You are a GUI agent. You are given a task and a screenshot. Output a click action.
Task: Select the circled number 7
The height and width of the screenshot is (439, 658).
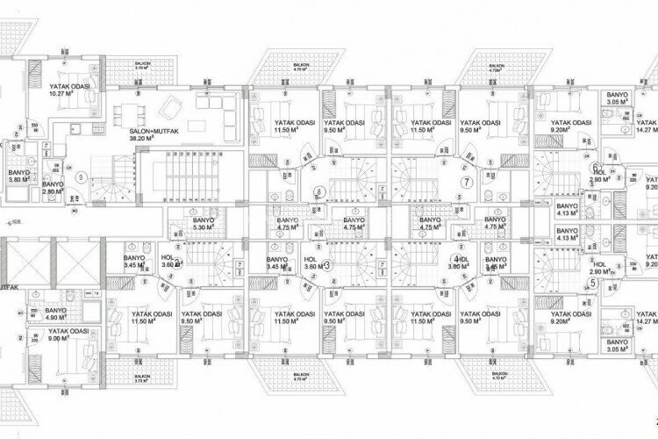[x=468, y=182]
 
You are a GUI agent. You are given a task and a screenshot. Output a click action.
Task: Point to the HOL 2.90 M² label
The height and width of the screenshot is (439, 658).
[x=601, y=269]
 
